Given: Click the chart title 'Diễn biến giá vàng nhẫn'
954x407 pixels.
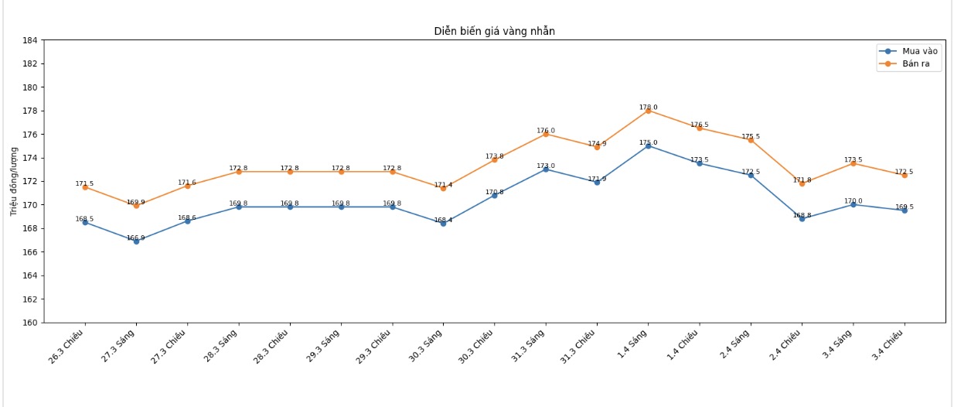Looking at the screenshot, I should [x=494, y=32].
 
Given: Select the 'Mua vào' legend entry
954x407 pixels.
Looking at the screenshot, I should [x=918, y=51].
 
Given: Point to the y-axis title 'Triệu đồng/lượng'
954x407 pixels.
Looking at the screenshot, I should [x=14, y=181].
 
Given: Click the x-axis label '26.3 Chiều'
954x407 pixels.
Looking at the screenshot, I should [x=67, y=347].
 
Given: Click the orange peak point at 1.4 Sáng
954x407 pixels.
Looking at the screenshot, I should [x=648, y=111].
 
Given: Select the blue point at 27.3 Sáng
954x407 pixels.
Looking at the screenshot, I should [x=136, y=241].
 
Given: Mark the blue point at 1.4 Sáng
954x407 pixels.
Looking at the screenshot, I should [x=648, y=146].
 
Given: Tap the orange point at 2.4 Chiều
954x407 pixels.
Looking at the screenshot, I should [x=802, y=183].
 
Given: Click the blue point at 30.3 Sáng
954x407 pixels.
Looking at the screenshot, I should [x=443, y=224].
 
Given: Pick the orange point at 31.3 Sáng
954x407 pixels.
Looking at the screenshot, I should [x=546, y=134].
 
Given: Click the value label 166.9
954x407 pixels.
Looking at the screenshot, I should [x=136, y=238].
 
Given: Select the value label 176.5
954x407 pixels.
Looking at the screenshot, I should [x=699, y=125].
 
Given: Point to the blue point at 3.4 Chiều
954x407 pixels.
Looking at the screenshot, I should [x=904, y=210].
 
